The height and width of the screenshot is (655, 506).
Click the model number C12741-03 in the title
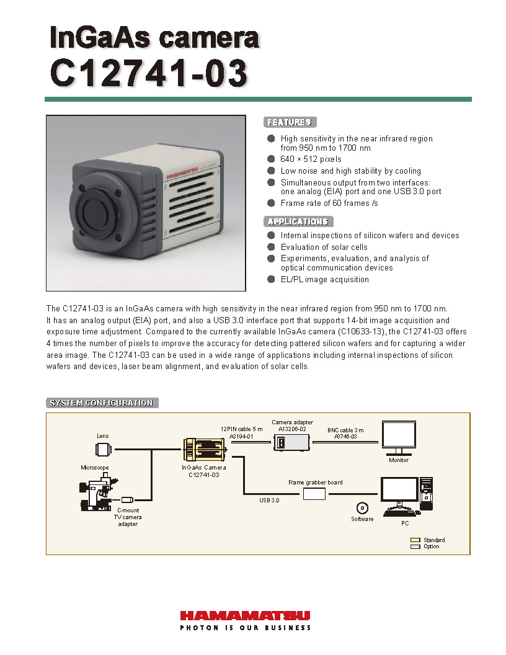click(x=149, y=73)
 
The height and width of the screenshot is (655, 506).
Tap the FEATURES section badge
click(x=290, y=122)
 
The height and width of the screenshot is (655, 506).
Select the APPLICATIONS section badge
click(x=298, y=221)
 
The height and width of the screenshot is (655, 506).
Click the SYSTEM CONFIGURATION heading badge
click(x=102, y=403)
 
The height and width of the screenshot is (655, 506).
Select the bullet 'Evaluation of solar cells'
click(x=324, y=247)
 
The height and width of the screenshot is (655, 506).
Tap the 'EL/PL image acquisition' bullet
click(x=324, y=279)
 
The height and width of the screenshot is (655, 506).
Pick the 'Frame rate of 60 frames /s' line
click(x=329, y=203)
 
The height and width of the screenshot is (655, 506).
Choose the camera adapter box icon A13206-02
click(x=291, y=442)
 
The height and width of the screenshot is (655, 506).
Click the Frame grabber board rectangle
click(x=314, y=494)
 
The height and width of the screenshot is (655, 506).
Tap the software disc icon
click(x=362, y=507)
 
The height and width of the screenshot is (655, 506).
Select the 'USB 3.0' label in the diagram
click(x=269, y=499)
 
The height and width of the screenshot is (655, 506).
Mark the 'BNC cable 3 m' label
click(x=345, y=430)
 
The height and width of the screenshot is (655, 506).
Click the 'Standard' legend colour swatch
click(x=415, y=540)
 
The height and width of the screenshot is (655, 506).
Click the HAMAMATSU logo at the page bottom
click(x=245, y=616)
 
